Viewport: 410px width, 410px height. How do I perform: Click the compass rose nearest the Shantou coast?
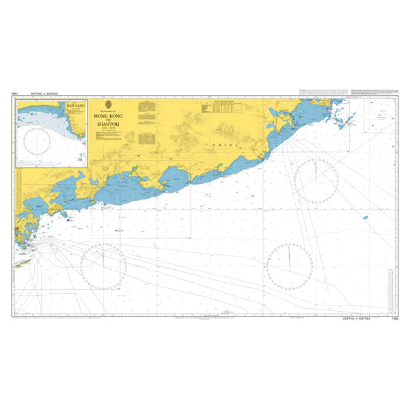click(x=316, y=180)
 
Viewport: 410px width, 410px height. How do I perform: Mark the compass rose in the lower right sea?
click(x=289, y=264)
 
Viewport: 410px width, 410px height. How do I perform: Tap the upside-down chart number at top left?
click(x=14, y=95)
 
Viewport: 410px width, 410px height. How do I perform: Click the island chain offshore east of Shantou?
click(x=349, y=120)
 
